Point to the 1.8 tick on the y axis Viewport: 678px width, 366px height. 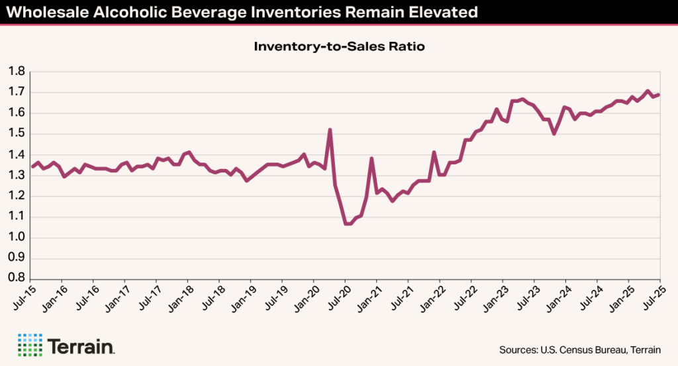[17, 72]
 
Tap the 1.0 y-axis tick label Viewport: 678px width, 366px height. [17, 237]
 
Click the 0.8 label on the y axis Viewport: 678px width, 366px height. [17, 279]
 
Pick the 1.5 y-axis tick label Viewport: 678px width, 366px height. [17, 134]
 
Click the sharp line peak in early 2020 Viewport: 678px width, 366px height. [330, 129]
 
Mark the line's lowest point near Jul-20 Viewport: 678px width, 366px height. [348, 224]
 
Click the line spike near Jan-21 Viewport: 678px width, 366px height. [371, 158]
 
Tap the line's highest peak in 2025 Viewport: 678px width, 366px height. [648, 91]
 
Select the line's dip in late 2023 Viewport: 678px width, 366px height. [554, 134]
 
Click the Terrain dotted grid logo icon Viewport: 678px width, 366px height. [30, 345]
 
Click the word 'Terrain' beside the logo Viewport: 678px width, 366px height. [81, 345]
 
